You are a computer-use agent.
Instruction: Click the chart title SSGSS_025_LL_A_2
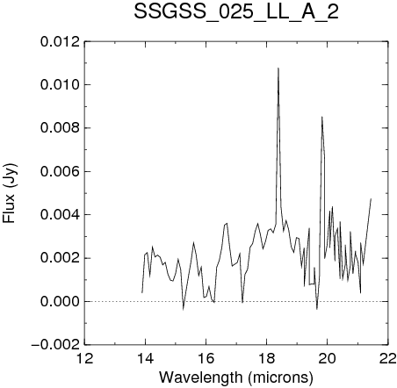coord(236,11)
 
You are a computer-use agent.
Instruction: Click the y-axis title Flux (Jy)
coord(10,193)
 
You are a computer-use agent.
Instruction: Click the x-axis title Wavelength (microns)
coord(236,377)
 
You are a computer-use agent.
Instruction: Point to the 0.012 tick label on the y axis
coord(60,42)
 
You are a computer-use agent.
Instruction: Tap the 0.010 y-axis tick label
coord(60,85)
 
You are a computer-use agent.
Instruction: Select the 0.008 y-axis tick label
coord(60,128)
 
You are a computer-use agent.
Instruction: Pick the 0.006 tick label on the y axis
coord(60,171)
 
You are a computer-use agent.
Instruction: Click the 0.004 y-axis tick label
coord(60,215)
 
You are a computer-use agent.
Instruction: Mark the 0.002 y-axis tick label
coord(60,258)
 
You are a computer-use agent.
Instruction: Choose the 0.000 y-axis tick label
coord(60,302)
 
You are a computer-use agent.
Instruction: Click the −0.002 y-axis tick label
coord(55,345)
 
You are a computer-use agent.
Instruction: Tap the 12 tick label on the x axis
coord(85,358)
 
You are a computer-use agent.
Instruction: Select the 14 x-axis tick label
coord(146,358)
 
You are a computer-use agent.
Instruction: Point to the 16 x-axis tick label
coord(206,358)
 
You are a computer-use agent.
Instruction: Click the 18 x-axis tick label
coord(267,358)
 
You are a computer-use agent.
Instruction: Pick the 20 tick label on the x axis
coord(328,358)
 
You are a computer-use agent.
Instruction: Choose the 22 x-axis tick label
coord(388,358)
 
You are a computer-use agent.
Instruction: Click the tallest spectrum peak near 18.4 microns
coord(278,68)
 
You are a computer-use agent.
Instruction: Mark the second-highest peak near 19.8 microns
coord(321,117)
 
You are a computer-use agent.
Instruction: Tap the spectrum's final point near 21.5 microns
coord(371,198)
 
